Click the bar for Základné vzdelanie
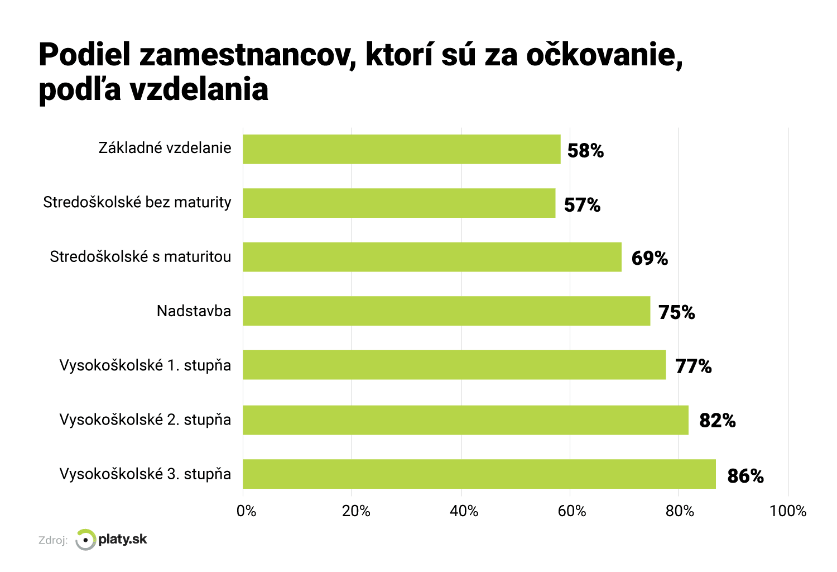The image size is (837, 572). (x=402, y=149)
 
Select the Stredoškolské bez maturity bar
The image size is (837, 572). (x=399, y=203)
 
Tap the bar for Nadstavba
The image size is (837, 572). (x=446, y=311)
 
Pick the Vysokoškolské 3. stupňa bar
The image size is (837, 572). (x=479, y=474)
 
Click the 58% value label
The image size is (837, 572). (x=585, y=151)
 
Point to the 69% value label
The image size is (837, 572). (x=650, y=258)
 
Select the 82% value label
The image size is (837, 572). (x=717, y=420)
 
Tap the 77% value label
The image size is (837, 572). (x=693, y=366)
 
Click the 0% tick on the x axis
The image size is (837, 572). (x=246, y=511)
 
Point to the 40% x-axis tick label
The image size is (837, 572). (x=464, y=511)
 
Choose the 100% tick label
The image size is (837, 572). (x=787, y=511)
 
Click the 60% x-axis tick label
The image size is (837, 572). (x=572, y=511)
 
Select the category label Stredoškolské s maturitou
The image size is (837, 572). (x=140, y=256)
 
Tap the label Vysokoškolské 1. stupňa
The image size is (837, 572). (x=145, y=365)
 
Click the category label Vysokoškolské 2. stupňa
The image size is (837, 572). (x=145, y=420)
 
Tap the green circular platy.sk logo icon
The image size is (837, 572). (x=85, y=540)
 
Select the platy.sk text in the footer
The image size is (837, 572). (x=123, y=539)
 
